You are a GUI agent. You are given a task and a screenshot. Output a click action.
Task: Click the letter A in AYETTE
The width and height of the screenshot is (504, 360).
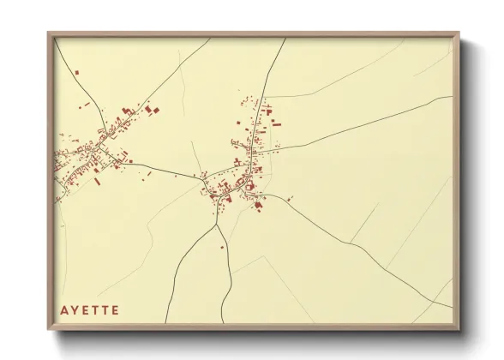[64, 309]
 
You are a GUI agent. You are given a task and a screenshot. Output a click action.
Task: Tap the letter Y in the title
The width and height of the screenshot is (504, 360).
[75, 309]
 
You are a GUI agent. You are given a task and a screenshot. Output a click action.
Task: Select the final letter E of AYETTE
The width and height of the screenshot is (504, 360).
[115, 309]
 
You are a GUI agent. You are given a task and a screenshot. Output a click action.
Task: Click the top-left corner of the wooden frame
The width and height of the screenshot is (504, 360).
[48, 33]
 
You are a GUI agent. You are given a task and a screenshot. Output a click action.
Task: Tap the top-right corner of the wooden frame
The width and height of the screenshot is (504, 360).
[459, 33]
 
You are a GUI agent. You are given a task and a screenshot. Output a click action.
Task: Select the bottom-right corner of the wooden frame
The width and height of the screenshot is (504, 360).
[459, 330]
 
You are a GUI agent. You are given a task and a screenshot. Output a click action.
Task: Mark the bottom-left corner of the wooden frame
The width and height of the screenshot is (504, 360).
[48, 330]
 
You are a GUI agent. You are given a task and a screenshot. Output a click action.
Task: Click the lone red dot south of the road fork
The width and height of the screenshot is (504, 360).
[222, 248]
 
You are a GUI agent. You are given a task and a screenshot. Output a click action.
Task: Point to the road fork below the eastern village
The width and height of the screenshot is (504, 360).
[218, 225]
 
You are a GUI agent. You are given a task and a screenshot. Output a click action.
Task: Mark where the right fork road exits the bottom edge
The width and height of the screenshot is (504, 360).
[221, 324]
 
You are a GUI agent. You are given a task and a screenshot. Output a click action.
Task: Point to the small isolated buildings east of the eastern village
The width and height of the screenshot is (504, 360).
[290, 199]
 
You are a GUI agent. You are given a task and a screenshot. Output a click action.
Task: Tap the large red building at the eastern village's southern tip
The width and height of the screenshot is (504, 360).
[256, 205]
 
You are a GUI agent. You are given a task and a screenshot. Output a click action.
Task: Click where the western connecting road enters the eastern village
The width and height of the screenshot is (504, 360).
[202, 179]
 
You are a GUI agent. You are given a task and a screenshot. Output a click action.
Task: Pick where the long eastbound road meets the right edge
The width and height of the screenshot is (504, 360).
[453, 97]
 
